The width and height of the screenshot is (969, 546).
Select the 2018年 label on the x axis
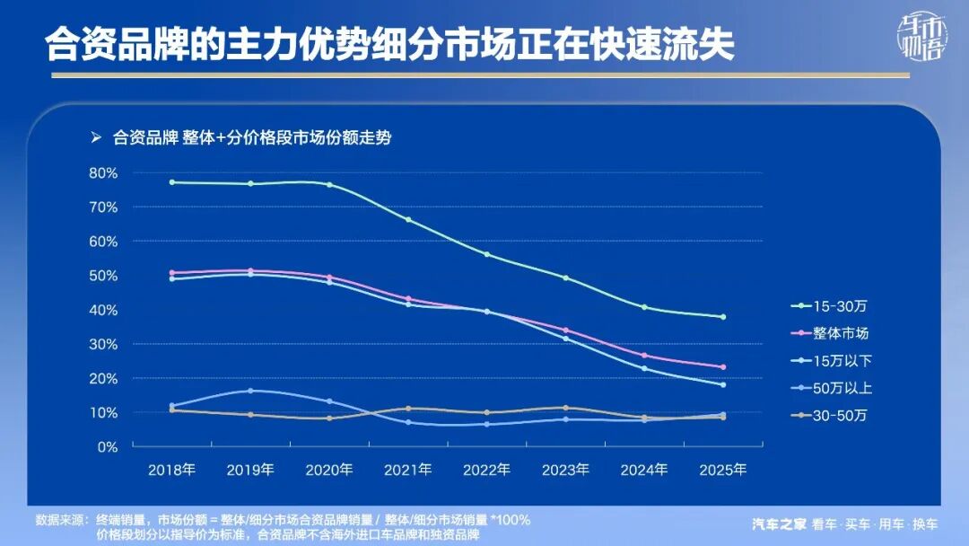(x=171, y=470)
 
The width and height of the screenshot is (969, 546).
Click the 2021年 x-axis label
(x=408, y=470)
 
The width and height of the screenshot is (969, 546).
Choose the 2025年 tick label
(x=723, y=470)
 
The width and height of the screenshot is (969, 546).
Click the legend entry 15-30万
(x=839, y=306)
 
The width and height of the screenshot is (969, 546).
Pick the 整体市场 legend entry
(x=841, y=333)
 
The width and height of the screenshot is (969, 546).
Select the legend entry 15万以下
(x=841, y=361)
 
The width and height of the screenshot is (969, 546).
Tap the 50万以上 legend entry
(x=841, y=388)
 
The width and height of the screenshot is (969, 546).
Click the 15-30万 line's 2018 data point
(x=171, y=182)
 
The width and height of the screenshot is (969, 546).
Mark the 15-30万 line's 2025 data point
(x=723, y=317)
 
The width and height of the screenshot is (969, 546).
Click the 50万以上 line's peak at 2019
(x=250, y=391)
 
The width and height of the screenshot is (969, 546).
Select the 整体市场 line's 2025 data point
(x=723, y=367)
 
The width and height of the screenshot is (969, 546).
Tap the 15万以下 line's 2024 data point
(x=644, y=368)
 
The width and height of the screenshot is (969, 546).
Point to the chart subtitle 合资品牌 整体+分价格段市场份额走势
(x=251, y=138)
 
